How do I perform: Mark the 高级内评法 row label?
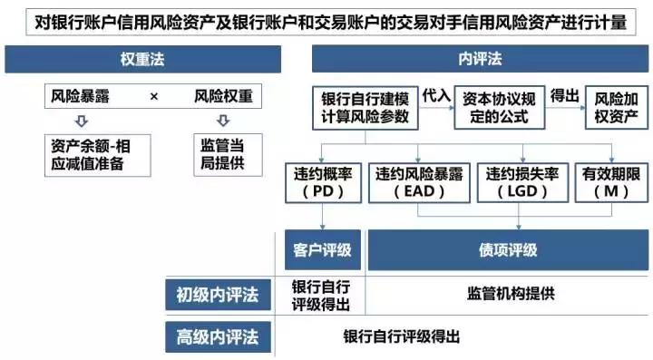[218, 337]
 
